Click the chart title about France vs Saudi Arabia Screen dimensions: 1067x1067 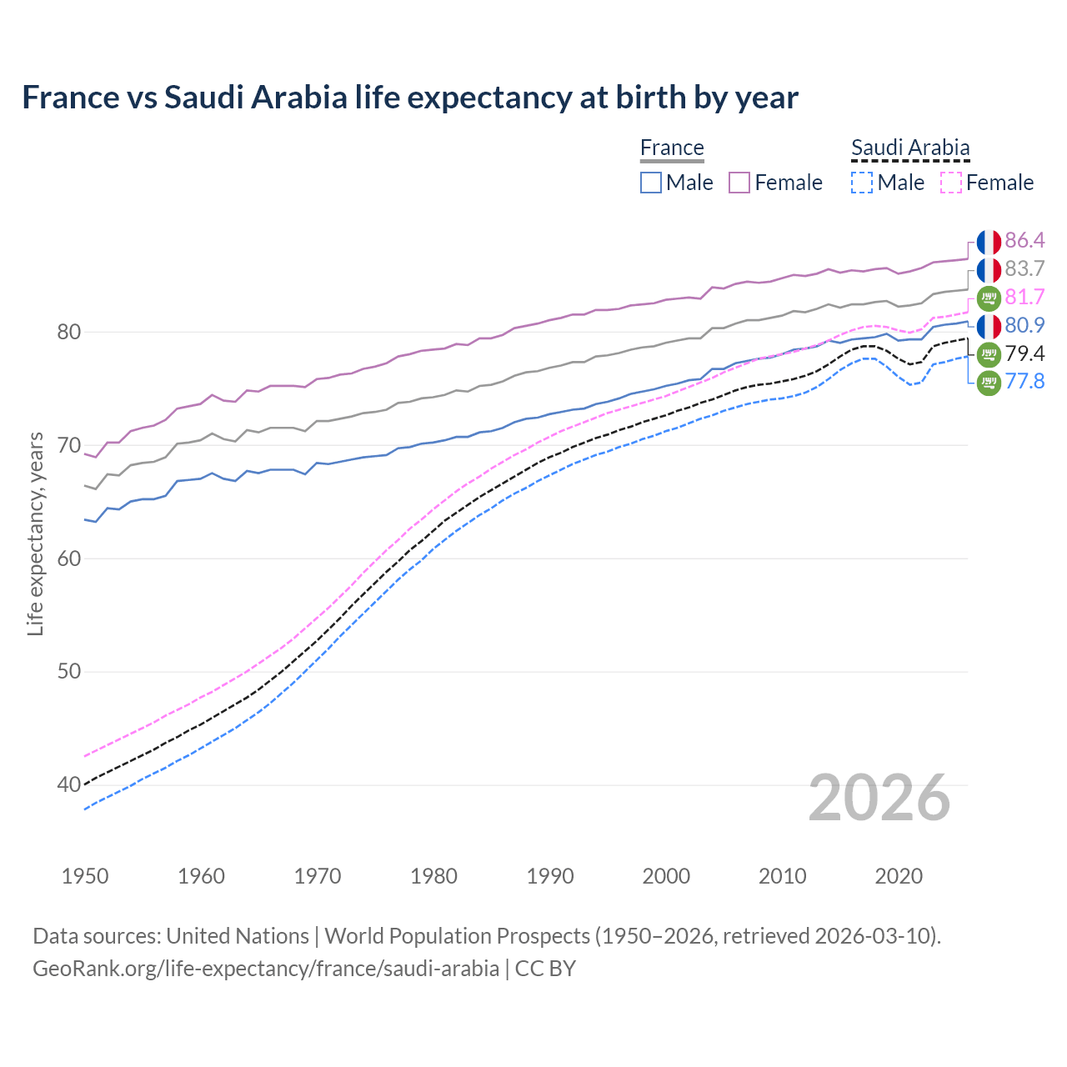point(409,98)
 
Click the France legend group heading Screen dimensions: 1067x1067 point(672,148)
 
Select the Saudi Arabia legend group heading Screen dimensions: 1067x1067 point(910,148)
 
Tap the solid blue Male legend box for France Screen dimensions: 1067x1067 point(651,183)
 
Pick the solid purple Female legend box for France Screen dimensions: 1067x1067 point(739,183)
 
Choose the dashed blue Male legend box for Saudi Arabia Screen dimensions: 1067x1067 point(862,183)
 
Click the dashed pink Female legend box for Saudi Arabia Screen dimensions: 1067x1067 point(950,183)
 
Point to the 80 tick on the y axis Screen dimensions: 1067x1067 point(68,332)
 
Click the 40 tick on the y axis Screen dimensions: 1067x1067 point(68,784)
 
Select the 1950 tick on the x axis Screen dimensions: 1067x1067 point(85,876)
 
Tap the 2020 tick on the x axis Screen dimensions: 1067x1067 point(899,876)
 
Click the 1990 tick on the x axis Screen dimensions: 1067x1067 point(550,876)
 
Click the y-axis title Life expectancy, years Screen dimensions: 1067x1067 point(35,533)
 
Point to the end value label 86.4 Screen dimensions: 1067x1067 point(1024,241)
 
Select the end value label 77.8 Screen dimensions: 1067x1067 point(1024,382)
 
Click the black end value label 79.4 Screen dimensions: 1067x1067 point(1024,353)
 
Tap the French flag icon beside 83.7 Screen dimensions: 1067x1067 point(989,269)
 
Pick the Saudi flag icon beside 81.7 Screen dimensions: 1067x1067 point(989,298)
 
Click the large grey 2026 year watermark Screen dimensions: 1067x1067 point(879,798)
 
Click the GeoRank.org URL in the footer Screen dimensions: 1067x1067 point(266,969)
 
